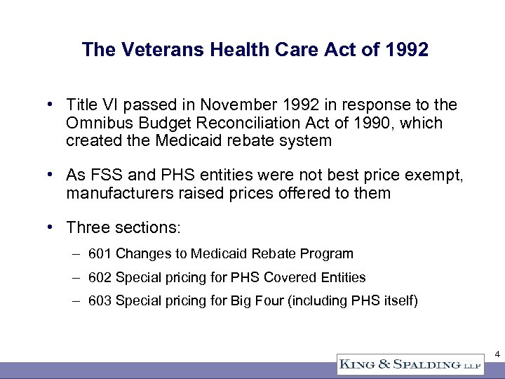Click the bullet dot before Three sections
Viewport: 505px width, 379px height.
tap(51, 227)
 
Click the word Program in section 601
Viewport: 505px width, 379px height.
tap(329, 253)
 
